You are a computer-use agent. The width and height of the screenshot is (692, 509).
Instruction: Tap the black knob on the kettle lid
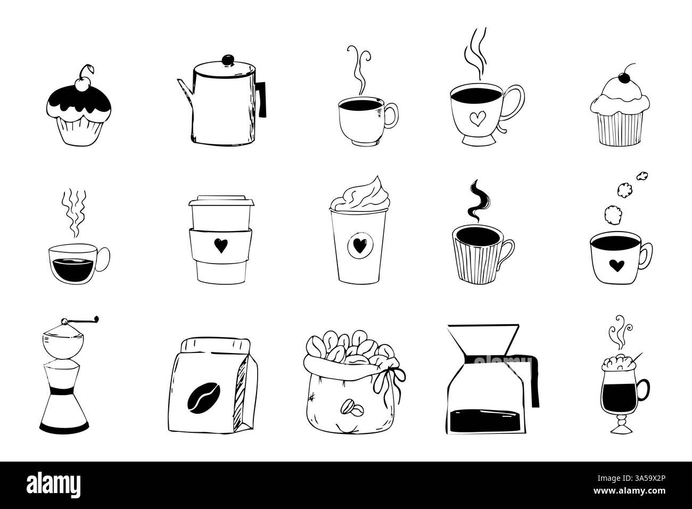point(228,57)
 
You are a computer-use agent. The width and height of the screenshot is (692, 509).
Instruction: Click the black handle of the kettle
point(262,101)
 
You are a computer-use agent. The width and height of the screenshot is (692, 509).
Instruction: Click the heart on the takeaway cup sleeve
point(219,245)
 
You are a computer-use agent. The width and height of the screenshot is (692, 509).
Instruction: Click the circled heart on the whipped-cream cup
point(356,247)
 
